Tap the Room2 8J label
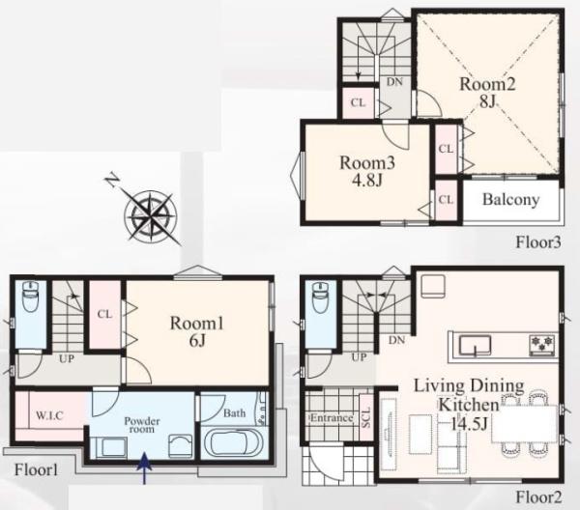tap(487, 93)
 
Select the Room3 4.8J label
tap(367, 171)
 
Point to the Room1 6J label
tap(197, 332)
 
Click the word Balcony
tap(510, 200)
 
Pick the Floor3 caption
tap(538, 242)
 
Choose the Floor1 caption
tap(37, 469)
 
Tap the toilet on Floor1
tap(31, 297)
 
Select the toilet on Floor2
tap(321, 297)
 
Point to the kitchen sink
tap(475, 345)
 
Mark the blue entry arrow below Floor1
tap(144, 468)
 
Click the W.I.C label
tap(50, 415)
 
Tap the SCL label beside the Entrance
tap(365, 417)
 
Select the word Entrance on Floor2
tap(332, 418)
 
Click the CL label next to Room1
tap(104, 314)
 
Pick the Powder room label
tap(142, 425)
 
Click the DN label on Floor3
tap(394, 82)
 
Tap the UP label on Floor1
tap(67, 358)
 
